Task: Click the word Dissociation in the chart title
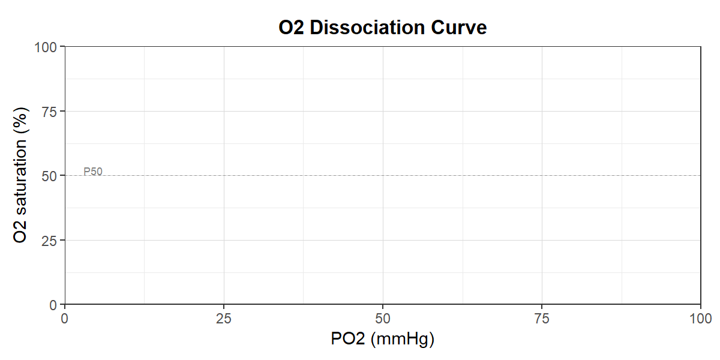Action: pyautogui.click(x=367, y=28)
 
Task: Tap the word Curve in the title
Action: pyautogui.click(x=458, y=28)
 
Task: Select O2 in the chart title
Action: pyautogui.click(x=291, y=28)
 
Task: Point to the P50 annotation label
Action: pyautogui.click(x=93, y=172)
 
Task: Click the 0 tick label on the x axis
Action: pyautogui.click(x=65, y=319)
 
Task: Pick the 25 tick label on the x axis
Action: pyautogui.click(x=224, y=319)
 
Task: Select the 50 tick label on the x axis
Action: pyautogui.click(x=383, y=319)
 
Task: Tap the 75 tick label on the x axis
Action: pyautogui.click(x=542, y=319)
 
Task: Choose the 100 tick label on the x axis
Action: pyautogui.click(x=701, y=319)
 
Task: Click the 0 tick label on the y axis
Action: pyautogui.click(x=53, y=305)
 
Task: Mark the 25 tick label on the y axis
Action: pyautogui.click(x=49, y=241)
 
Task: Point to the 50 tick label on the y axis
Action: pyautogui.click(x=49, y=176)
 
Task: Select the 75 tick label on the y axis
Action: pyautogui.click(x=49, y=112)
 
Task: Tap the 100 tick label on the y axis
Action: pyautogui.click(x=46, y=47)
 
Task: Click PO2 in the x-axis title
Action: pyautogui.click(x=348, y=338)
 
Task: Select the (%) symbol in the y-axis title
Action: pyautogui.click(x=21, y=121)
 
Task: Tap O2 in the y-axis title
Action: pyautogui.click(x=20, y=232)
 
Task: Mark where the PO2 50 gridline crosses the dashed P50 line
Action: pyautogui.click(x=383, y=175)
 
